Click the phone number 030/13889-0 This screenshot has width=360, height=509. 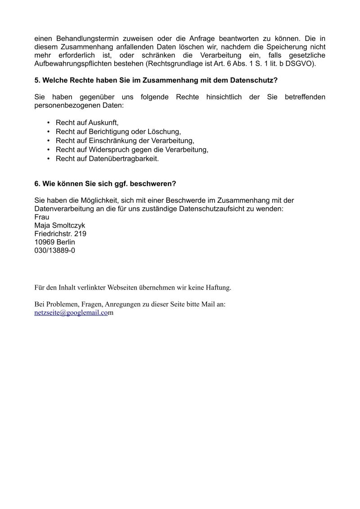pyautogui.click(x=54, y=250)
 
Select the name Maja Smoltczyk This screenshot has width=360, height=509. pyautogui.click(x=59, y=225)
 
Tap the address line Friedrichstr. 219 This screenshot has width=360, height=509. pyautogui.click(x=60, y=234)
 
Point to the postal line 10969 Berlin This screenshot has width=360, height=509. pyautogui.click(x=54, y=242)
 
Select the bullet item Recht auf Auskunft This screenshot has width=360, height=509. pyautogui.click(x=87, y=122)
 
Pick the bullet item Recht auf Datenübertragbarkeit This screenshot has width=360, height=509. pyautogui.click(x=107, y=159)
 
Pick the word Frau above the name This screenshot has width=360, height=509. pyautogui.click(x=42, y=217)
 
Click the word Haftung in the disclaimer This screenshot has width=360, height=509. pyautogui.click(x=217, y=287)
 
